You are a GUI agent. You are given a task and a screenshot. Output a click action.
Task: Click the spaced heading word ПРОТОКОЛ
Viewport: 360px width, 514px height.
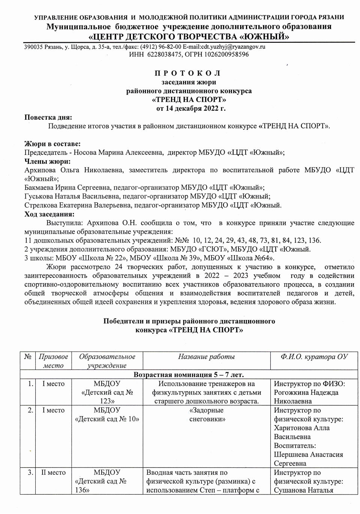click(187, 73)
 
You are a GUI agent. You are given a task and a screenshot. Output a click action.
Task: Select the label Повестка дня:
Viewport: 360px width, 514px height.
click(48, 117)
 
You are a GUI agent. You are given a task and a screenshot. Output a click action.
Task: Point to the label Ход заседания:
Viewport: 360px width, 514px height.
click(49, 214)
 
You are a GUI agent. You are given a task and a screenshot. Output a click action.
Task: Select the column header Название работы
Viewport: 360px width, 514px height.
click(206, 357)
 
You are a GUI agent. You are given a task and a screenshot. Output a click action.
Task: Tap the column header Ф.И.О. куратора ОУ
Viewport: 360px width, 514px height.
click(314, 357)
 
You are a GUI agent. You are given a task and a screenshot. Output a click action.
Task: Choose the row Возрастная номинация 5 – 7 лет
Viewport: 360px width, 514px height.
click(189, 375)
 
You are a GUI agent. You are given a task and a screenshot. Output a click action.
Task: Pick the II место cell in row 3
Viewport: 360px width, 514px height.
click(53, 473)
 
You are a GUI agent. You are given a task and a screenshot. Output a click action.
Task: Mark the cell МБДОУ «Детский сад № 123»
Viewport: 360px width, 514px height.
click(107, 392)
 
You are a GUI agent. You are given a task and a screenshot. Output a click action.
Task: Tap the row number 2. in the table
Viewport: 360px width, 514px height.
click(30, 410)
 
